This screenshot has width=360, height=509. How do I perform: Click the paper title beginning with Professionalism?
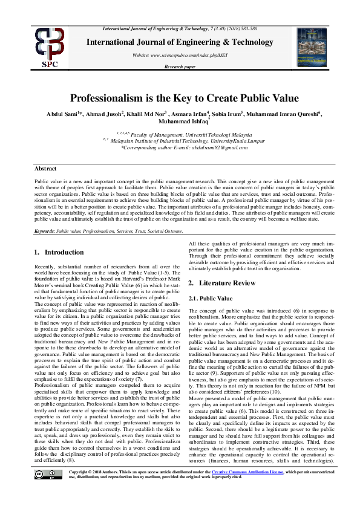[x=185, y=98]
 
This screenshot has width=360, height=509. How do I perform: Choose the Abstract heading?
[x=45, y=169]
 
